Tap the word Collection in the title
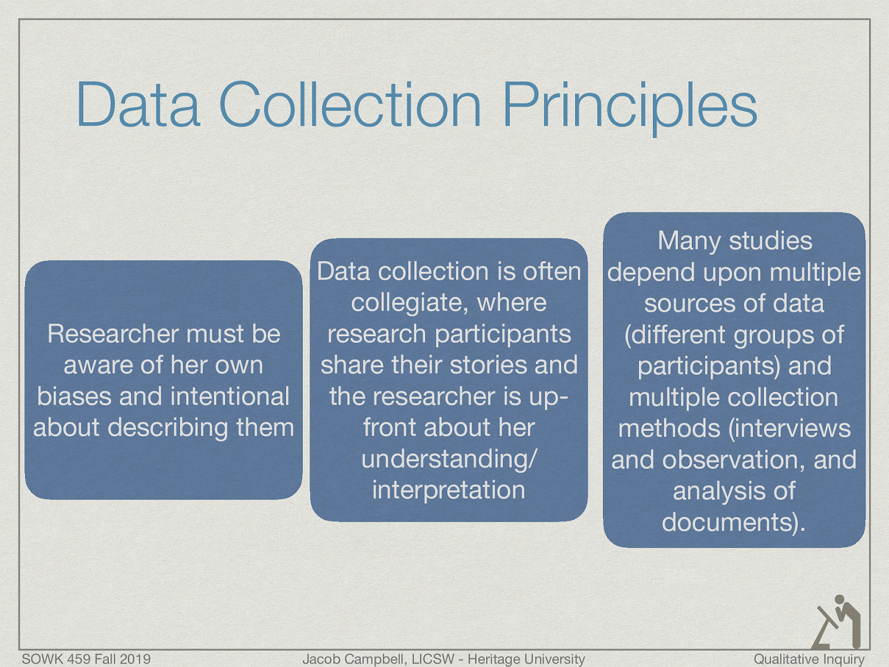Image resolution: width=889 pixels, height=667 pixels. click(x=350, y=106)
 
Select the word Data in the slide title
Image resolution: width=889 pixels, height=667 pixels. click(x=138, y=106)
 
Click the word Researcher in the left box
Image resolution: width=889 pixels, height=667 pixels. click(x=112, y=334)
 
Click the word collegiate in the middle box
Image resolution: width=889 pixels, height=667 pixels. click(x=409, y=303)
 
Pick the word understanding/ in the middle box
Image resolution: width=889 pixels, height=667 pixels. click(x=449, y=459)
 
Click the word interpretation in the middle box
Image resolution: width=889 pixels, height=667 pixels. click(x=449, y=490)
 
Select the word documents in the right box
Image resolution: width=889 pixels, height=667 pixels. click(x=729, y=522)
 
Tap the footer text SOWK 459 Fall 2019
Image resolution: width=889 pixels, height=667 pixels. click(x=86, y=659)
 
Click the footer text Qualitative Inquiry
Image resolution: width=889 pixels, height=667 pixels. click(x=808, y=659)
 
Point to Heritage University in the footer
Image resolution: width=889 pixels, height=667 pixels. click(x=526, y=659)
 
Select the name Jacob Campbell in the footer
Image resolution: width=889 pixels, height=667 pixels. click(x=353, y=659)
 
